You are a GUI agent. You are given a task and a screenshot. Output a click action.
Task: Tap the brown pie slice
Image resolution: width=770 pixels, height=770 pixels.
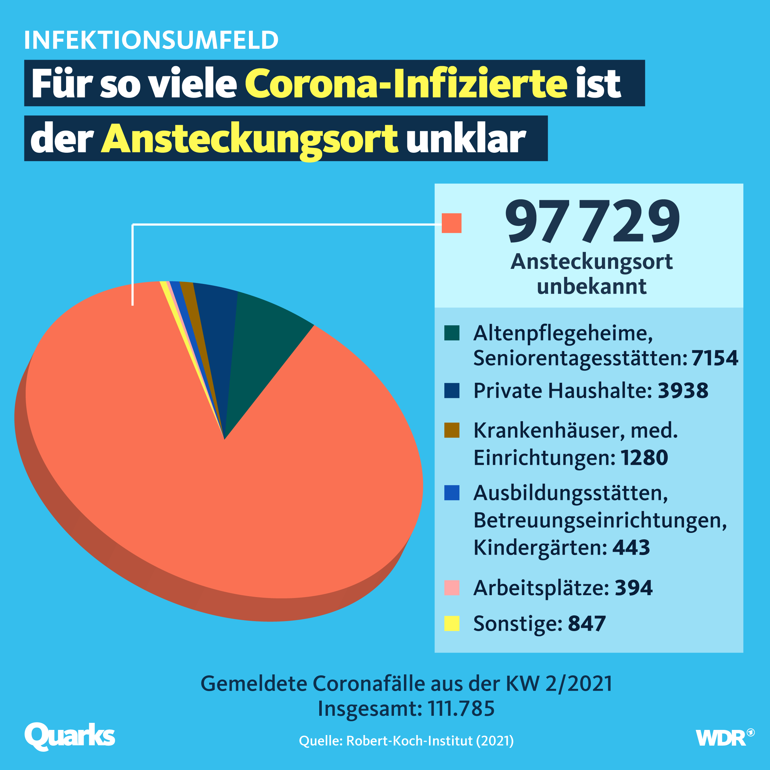[x=191, y=303]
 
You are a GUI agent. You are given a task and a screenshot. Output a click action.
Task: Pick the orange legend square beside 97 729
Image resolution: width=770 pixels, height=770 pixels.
[x=451, y=223]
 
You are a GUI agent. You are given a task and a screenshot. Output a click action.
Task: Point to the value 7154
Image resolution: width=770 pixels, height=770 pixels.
[x=714, y=357]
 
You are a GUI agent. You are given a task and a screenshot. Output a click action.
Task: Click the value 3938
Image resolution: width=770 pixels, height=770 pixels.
[x=683, y=390]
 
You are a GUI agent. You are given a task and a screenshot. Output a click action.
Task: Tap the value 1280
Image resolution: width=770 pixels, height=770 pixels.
[x=644, y=457]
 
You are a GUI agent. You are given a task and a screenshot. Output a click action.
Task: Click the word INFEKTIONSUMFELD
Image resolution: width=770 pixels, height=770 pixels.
[x=151, y=40]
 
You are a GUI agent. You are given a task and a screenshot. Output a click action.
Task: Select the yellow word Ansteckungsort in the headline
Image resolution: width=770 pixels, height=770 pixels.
[x=250, y=139]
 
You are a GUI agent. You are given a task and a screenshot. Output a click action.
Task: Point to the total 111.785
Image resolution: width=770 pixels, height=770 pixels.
[x=461, y=708]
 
